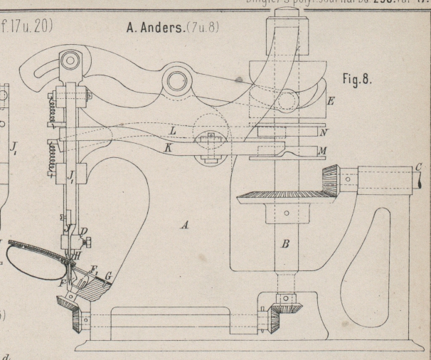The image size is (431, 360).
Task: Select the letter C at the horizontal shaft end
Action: click(419, 168)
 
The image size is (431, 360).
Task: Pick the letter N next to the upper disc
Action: click(324, 132)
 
